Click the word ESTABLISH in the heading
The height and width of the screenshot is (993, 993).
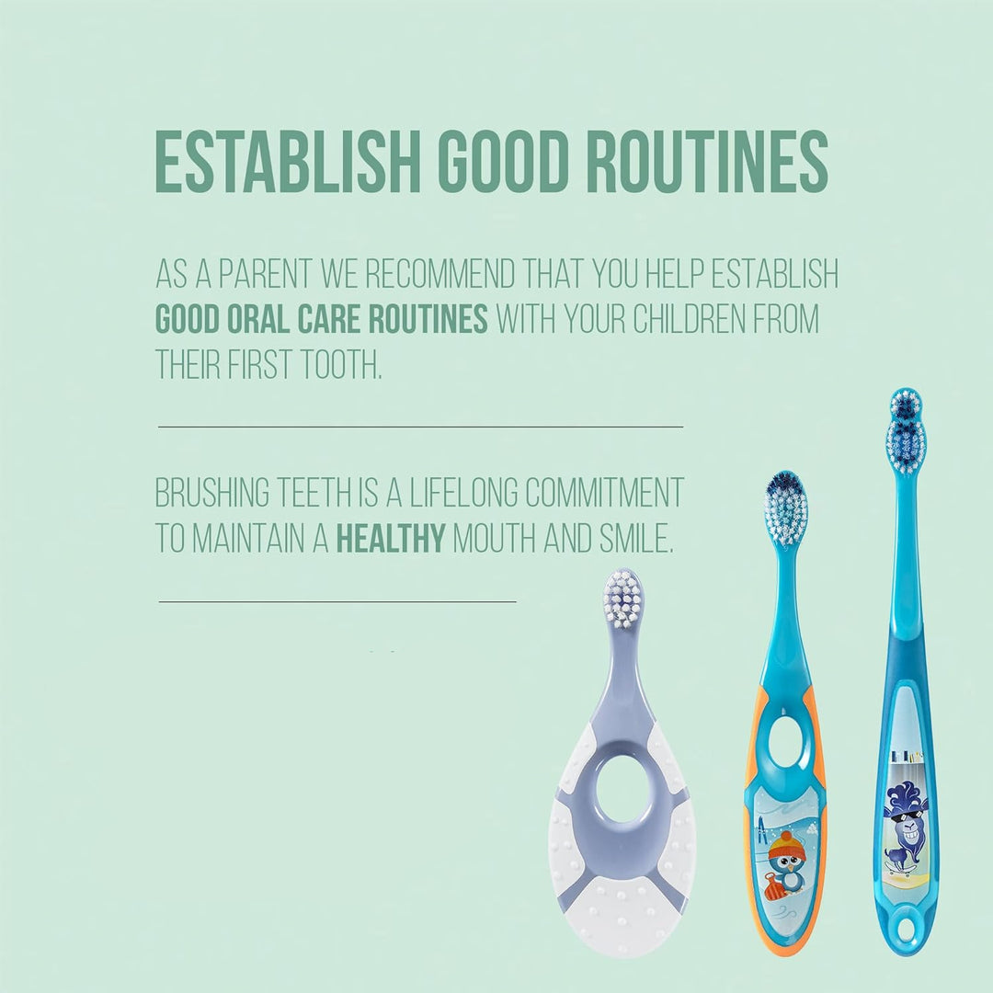coord(288,162)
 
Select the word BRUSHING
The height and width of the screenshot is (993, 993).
coord(212,493)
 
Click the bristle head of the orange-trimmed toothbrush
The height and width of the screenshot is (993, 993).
coord(785,508)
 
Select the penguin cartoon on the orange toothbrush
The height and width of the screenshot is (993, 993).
coord(786,863)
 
